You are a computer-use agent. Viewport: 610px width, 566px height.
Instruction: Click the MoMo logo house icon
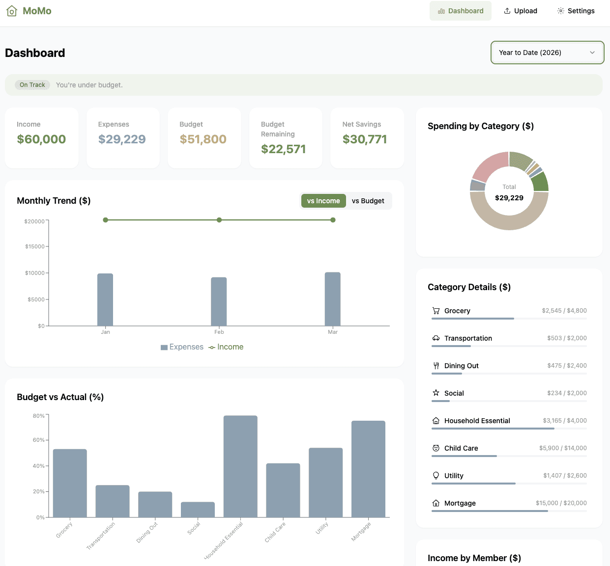click(x=12, y=11)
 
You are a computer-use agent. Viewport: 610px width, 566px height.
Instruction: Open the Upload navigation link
click(x=521, y=11)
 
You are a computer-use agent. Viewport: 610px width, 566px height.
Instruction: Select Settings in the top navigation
click(x=576, y=11)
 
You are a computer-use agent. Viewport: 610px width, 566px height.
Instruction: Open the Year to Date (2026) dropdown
click(x=547, y=53)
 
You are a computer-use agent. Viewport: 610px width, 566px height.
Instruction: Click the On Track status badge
click(x=32, y=85)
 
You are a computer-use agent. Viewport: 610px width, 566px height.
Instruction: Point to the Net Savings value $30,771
click(x=365, y=139)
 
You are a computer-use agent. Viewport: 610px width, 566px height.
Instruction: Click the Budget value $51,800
click(x=203, y=139)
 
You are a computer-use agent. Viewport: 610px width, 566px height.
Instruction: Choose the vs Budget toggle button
click(x=368, y=201)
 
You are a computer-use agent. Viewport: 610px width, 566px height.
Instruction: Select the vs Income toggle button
click(x=323, y=201)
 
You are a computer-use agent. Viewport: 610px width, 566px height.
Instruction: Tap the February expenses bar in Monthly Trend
click(x=219, y=301)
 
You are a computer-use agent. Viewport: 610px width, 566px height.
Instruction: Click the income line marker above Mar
click(x=333, y=220)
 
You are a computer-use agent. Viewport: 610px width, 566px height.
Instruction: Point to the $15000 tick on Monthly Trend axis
click(x=35, y=246)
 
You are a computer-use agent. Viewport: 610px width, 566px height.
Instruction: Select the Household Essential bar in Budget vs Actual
click(x=240, y=466)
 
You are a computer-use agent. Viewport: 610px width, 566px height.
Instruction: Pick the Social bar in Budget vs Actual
click(x=198, y=509)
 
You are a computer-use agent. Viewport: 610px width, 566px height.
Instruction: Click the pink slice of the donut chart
click(x=490, y=166)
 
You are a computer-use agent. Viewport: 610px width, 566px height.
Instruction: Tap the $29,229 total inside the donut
click(x=509, y=198)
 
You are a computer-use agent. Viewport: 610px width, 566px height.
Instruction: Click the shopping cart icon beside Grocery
click(x=436, y=311)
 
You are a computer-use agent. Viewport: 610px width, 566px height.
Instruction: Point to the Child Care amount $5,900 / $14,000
click(x=563, y=448)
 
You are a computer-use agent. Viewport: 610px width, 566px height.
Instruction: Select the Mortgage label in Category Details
click(x=460, y=503)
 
